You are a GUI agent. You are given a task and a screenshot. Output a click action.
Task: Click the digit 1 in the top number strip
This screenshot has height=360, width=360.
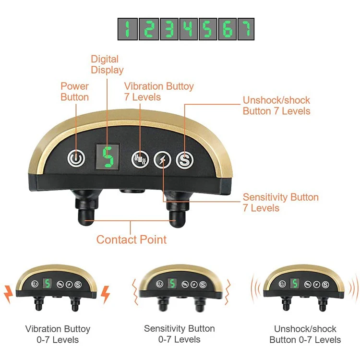[127, 29]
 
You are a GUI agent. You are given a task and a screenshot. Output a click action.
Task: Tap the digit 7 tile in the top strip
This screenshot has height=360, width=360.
[245, 29]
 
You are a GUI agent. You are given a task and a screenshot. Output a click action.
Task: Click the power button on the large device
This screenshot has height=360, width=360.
[75, 158]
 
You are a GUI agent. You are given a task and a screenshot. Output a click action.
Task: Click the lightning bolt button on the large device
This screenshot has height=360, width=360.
[162, 160]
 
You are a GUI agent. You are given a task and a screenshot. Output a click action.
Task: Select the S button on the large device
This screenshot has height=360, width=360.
[184, 160]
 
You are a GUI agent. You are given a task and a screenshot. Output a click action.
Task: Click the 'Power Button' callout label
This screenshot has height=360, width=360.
[74, 92]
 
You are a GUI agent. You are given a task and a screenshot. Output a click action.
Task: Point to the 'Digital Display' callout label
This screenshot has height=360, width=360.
[105, 65]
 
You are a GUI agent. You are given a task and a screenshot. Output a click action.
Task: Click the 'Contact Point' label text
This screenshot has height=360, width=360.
[132, 240]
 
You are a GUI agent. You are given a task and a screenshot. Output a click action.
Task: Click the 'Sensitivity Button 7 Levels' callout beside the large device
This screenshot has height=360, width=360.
[280, 203]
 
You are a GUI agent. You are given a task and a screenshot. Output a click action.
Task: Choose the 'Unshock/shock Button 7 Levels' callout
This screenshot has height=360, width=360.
[276, 106]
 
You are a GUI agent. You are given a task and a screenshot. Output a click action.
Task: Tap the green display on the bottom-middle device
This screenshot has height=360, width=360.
[172, 284]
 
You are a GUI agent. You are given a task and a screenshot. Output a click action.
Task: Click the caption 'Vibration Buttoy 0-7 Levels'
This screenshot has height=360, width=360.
[58, 334]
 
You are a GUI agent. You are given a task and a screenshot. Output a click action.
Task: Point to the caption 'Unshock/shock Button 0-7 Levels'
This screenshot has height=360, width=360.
[305, 335]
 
